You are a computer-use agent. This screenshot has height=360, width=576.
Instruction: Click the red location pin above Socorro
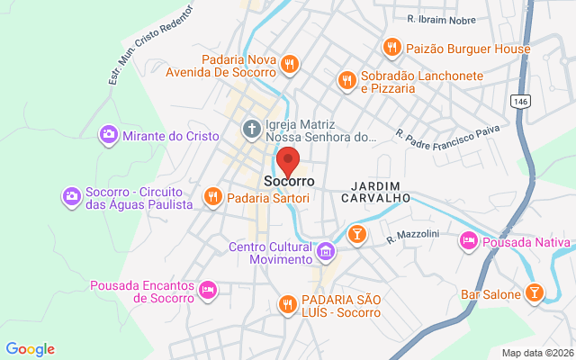pyautogui.click(x=288, y=162)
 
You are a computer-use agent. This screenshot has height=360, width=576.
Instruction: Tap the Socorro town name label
pyautogui.click(x=289, y=182)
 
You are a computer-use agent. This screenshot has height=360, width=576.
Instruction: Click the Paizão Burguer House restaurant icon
pyautogui.click(x=391, y=47)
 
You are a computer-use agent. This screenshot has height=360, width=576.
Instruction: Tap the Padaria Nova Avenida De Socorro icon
pyautogui.click(x=289, y=64)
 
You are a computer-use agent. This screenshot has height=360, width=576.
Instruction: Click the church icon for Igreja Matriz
pyautogui.click(x=251, y=130)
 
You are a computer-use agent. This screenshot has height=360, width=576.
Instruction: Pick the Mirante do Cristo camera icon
pyautogui.click(x=108, y=135)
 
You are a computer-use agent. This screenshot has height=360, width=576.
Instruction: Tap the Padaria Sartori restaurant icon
pyautogui.click(x=212, y=195)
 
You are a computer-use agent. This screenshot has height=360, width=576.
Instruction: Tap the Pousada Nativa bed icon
pyautogui.click(x=468, y=241)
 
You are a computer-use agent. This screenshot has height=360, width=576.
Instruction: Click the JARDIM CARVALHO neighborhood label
pyautogui.click(x=376, y=190)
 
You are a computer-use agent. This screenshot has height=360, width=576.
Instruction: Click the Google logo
pyautogui.click(x=30, y=349)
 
